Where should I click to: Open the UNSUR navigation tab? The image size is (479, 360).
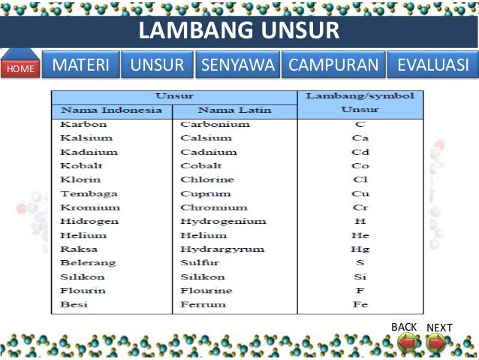(157, 65)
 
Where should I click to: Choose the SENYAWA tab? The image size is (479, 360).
(238, 65)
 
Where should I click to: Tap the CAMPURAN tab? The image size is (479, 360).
(333, 65)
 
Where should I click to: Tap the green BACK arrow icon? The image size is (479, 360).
(406, 343)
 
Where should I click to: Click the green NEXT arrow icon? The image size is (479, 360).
(436, 343)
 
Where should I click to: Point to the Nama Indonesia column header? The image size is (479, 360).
(111, 110)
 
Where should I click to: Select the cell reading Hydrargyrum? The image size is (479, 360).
(218, 249)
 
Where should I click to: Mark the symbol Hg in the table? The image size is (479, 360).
(360, 249)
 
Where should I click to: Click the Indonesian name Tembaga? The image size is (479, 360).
(85, 194)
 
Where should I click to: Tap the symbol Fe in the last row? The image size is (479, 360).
(360, 304)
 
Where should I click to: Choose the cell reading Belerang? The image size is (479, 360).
(88, 262)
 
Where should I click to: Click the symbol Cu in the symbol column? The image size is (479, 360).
(360, 194)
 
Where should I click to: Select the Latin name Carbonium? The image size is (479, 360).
(215, 124)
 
